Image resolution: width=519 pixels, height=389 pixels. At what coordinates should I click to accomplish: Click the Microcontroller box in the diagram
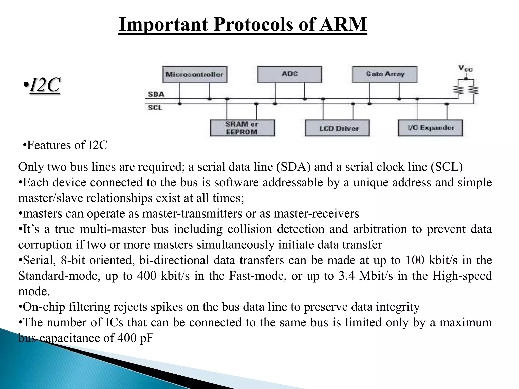(195, 74)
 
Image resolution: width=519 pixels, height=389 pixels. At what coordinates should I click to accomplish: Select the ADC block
(289, 74)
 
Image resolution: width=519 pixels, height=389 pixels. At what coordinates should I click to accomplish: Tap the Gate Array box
(384, 74)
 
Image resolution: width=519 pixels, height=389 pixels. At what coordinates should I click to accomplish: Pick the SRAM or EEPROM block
(242, 128)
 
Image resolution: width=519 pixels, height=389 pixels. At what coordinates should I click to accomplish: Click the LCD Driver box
(337, 128)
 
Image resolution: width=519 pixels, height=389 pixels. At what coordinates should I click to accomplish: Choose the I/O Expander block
(430, 128)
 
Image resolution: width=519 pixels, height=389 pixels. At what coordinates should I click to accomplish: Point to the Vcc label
(465, 68)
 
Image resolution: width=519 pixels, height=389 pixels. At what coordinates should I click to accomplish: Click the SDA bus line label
(156, 94)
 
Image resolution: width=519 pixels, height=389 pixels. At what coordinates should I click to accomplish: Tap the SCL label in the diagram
(155, 108)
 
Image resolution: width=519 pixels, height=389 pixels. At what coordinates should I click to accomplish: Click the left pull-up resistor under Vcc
(458, 90)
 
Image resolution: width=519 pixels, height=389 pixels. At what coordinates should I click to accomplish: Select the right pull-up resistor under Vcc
(473, 90)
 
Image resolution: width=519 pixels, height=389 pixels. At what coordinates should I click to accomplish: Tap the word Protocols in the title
(254, 25)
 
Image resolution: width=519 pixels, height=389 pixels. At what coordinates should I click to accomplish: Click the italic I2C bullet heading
(44, 85)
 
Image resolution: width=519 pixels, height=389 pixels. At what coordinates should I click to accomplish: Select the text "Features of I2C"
(67, 145)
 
